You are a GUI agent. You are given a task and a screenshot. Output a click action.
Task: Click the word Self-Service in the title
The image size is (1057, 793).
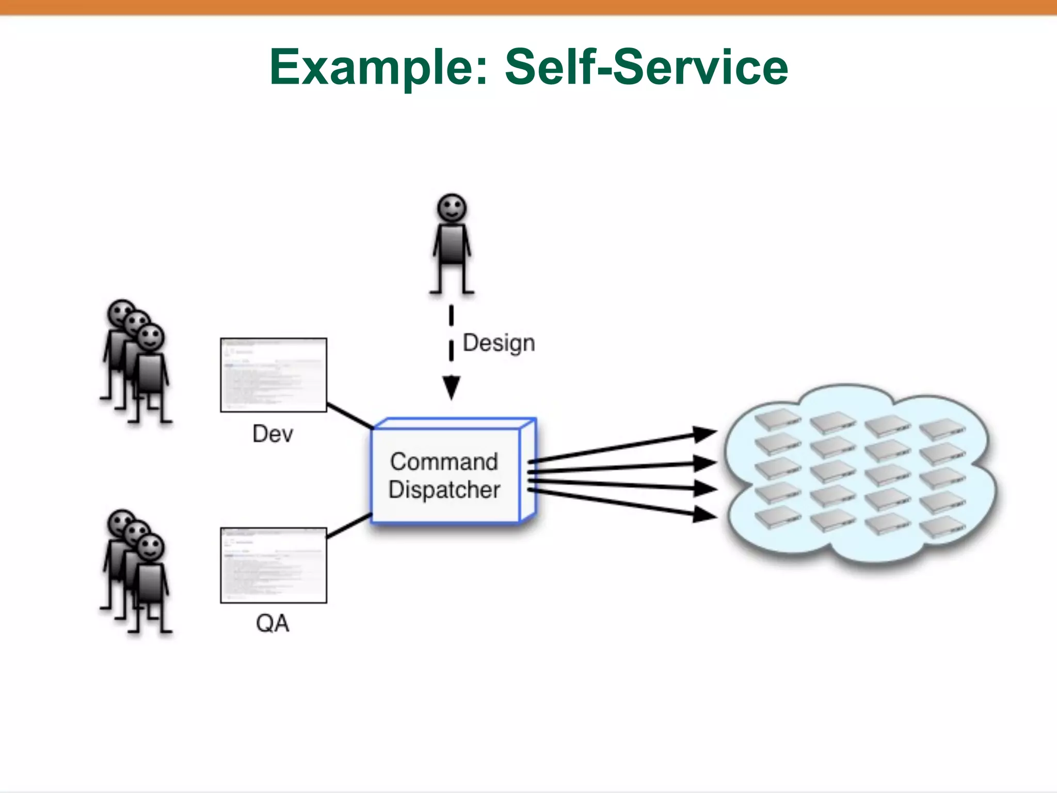[x=646, y=67]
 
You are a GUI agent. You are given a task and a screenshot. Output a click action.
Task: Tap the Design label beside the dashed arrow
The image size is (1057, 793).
[x=499, y=343]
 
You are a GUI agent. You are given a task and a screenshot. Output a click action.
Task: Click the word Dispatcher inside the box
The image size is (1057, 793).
[x=444, y=490]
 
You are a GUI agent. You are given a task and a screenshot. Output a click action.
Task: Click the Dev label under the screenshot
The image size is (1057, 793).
[x=273, y=434]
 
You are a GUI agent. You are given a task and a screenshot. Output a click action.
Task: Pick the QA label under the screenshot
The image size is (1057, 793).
[x=273, y=624]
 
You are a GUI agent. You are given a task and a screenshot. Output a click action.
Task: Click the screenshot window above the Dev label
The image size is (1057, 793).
[x=274, y=375]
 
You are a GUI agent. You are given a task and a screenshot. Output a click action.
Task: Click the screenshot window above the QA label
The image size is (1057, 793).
[x=274, y=565]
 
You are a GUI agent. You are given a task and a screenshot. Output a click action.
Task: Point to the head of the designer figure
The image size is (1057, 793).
[x=452, y=208]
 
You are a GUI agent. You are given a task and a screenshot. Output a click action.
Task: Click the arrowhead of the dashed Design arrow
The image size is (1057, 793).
[x=451, y=387]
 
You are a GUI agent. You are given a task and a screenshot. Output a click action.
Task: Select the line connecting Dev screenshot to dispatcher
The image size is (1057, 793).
[x=350, y=416]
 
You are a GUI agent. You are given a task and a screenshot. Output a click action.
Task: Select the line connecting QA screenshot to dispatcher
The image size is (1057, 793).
[x=349, y=526]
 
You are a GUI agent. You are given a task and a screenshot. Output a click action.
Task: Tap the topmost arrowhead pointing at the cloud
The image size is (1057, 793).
[x=704, y=434]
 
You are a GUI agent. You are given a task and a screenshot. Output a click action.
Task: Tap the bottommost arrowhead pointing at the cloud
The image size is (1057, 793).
[x=704, y=514]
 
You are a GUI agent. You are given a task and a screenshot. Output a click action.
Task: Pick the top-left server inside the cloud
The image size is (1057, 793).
[x=777, y=420]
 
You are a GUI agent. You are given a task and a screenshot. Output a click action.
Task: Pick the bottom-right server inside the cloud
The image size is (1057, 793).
[x=942, y=527]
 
